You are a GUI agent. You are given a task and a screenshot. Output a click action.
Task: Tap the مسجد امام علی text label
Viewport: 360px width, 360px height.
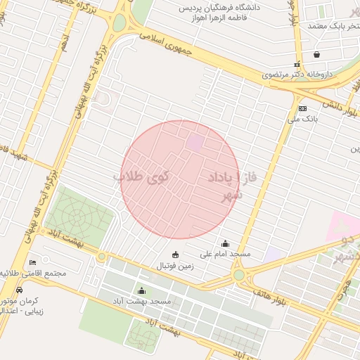pyautogui.click(x=226, y=253)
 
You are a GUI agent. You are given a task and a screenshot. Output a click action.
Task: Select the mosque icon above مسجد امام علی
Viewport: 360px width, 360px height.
pyautogui.click(x=225, y=243)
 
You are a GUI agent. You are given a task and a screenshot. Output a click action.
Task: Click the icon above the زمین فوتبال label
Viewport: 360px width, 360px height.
pyautogui.click(x=175, y=255)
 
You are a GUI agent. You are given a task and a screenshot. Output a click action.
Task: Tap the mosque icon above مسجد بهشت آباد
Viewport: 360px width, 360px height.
pyautogui.click(x=142, y=291)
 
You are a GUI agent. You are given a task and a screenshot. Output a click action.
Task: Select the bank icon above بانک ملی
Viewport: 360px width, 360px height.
pyautogui.click(x=302, y=108)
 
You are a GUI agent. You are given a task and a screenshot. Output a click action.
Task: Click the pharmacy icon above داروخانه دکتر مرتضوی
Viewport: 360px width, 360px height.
pyautogui.click(x=297, y=63)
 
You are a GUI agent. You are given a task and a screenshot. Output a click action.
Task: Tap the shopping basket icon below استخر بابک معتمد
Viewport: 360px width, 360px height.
pyautogui.click(x=317, y=54)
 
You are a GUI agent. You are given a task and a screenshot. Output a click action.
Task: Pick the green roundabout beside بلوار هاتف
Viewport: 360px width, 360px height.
pyautogui.click(x=239, y=275)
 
